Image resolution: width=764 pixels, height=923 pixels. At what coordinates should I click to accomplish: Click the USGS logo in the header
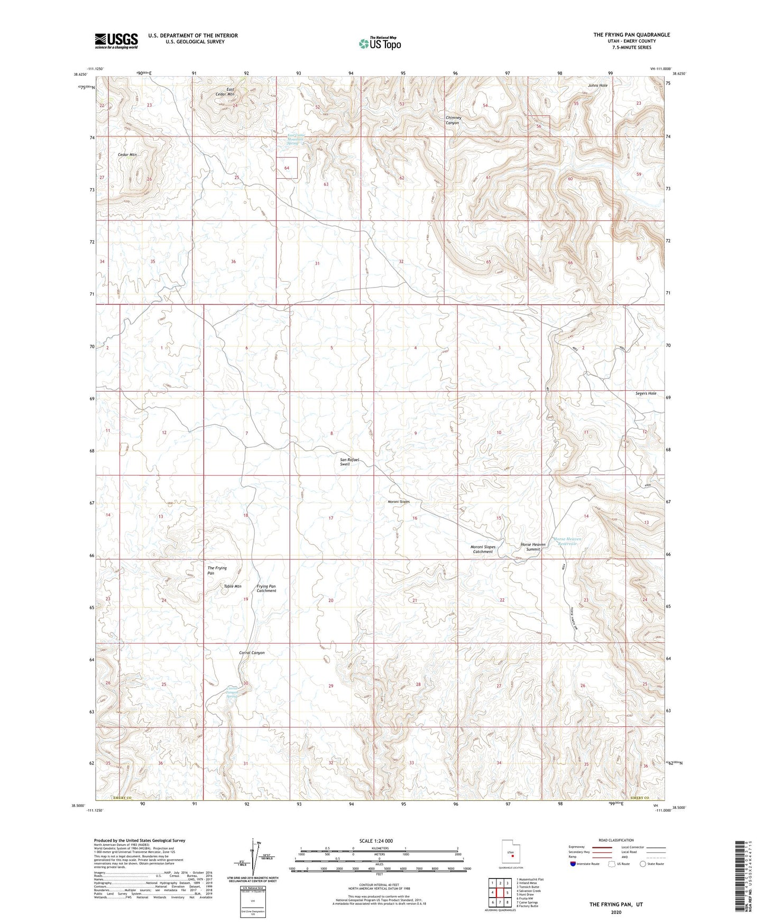click(116, 41)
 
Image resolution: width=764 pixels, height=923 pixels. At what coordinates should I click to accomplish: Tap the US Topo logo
click(379, 43)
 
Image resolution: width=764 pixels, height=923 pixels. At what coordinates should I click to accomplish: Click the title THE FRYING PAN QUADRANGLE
click(631, 35)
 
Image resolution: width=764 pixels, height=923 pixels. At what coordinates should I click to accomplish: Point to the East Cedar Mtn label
click(231, 92)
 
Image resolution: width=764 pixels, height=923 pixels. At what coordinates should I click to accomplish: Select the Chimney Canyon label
click(453, 121)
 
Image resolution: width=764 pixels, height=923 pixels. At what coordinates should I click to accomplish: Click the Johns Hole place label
click(597, 85)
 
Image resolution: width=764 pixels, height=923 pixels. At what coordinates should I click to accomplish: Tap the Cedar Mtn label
click(127, 155)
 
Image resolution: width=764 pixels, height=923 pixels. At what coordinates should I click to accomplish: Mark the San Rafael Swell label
click(349, 461)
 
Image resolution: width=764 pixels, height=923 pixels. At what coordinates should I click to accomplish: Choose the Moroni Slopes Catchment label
click(482, 549)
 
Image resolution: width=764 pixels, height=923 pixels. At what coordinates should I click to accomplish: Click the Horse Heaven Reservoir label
click(567, 541)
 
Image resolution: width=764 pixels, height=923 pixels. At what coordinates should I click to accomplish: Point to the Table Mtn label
click(233, 586)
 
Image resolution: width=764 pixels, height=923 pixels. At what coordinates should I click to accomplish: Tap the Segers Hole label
click(646, 393)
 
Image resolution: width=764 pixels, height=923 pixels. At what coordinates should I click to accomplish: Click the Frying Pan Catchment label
click(266, 588)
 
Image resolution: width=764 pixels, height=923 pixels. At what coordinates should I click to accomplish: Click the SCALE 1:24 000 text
click(376, 841)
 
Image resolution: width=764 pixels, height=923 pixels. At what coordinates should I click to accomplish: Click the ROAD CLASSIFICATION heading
click(616, 840)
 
